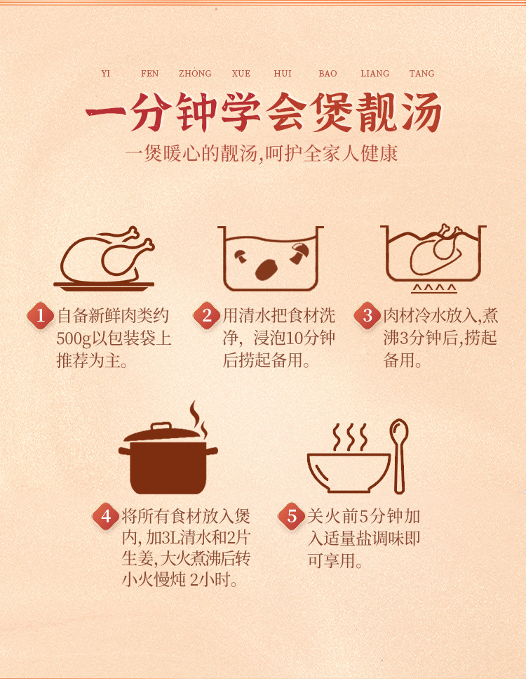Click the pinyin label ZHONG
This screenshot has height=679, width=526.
point(195,73)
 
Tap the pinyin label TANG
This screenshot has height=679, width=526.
point(422,73)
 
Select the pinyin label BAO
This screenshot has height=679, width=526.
point(328,73)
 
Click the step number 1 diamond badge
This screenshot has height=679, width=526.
point(41,315)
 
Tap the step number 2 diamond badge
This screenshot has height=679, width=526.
point(207,315)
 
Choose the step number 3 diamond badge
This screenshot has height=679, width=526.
point(367,315)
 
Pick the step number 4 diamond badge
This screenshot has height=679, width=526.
point(106,516)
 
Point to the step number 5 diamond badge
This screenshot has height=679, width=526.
point(292,516)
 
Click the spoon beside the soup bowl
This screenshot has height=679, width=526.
point(399,456)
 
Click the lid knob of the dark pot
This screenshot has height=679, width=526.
point(161,426)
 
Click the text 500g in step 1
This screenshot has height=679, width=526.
point(74,338)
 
